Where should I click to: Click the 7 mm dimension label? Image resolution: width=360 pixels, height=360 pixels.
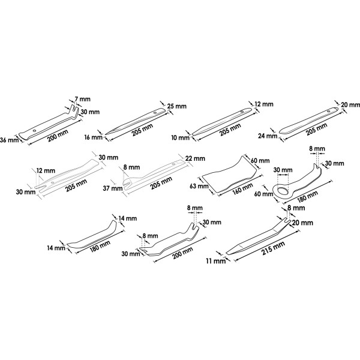pos(82,99)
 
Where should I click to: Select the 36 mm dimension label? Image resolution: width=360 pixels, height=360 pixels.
pos(10,140)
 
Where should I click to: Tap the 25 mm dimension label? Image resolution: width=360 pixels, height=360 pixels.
pos(176,106)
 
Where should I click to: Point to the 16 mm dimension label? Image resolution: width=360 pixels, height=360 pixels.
pos(93,137)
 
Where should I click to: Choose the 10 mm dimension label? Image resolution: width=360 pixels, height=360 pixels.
pos(180,138)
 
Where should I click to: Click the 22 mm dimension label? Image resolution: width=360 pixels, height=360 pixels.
pos(195,158)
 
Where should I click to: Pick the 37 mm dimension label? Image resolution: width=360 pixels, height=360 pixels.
pos(113,188)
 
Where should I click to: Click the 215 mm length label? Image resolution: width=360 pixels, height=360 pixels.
pos(273,248)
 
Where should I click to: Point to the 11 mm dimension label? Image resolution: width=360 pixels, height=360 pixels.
pos(216,261)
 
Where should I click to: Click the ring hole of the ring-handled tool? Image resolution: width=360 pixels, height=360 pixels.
pos(283,184)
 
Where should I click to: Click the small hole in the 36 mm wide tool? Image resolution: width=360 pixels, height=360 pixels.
pos(34,131)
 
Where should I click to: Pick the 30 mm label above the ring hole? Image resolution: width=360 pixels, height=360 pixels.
pos(283,170)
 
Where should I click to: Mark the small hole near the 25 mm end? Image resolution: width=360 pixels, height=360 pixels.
pos(155,113)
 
